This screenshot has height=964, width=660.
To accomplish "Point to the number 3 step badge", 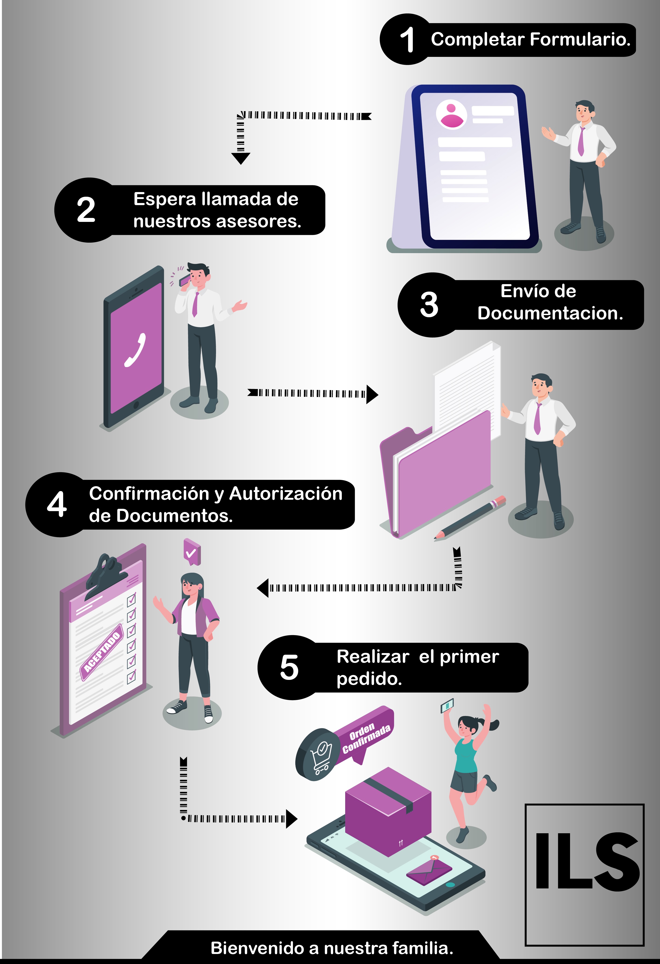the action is pos(429,304).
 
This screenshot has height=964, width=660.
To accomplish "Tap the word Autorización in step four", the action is pos(286,494).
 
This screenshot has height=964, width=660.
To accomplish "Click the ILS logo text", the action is pos(587,861).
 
